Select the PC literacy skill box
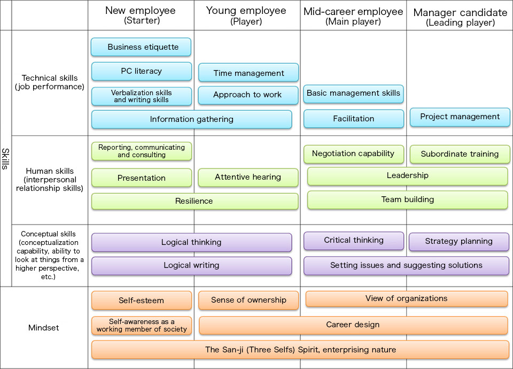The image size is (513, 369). pos(141,71)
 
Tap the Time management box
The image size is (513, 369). pos(248,73)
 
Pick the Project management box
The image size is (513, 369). pos(460,117)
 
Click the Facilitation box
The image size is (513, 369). pos(353,119)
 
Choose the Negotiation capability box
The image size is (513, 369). pos(353,154)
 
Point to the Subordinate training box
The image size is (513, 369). pos(460,154)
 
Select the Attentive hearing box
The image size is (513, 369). pos(248,178)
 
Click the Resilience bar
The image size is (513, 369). pos(195,201)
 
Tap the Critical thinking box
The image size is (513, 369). pos(353,241)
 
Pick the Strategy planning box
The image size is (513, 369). pos(458,241)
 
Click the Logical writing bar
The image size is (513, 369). pos(191,265)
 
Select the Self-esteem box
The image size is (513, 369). pos(141,301)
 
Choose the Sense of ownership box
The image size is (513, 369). pos(248,300)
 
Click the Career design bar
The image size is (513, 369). pos(353,325)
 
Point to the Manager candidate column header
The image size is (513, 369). pos(460,17)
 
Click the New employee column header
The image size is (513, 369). pos(141,15)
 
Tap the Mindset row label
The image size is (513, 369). pos(44,327)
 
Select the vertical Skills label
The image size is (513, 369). pos(5,158)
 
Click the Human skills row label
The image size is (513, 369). pos(50,180)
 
